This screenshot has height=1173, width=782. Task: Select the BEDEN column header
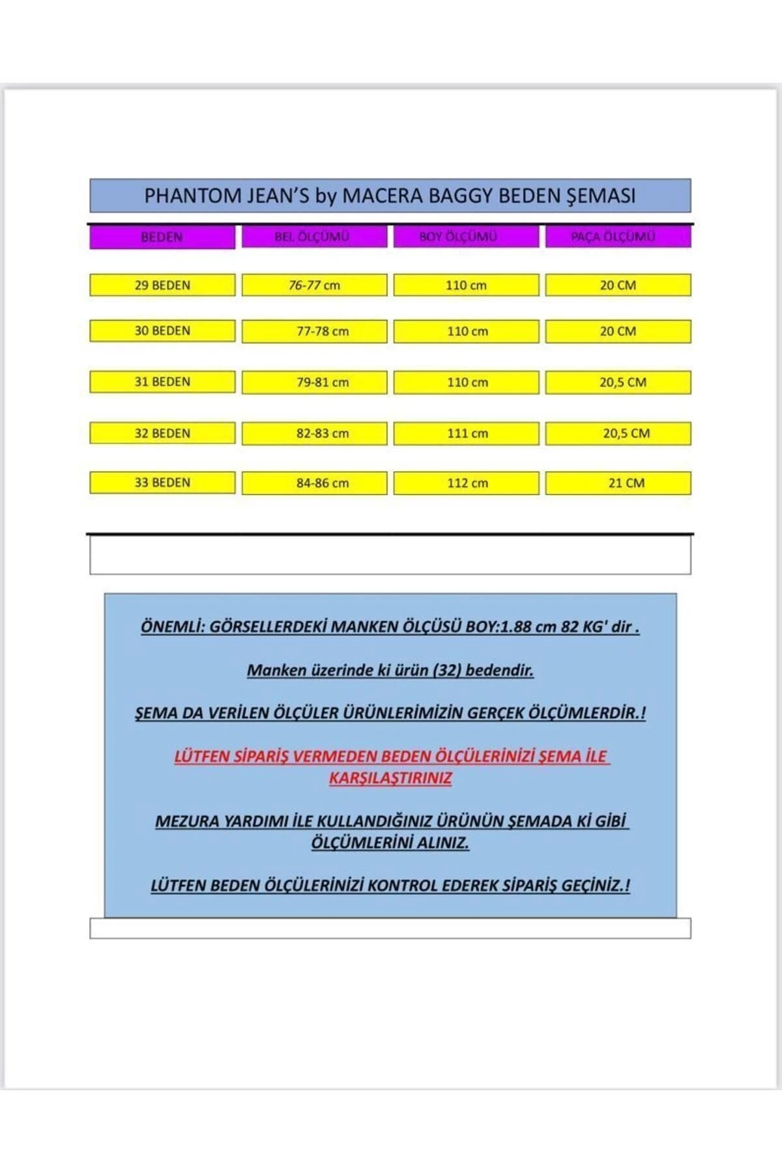coord(162,237)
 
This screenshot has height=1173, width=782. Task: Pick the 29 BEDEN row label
coord(162,285)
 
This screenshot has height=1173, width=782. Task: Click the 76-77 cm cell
coord(314,285)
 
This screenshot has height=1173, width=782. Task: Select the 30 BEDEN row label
coord(162,331)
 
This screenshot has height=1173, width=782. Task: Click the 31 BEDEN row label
coord(162,382)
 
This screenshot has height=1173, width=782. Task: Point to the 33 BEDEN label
coord(162,483)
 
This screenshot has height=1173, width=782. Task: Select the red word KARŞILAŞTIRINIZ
coord(390,778)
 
